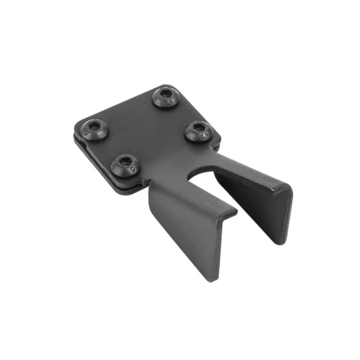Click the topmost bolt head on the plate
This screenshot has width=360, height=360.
(x=166, y=97)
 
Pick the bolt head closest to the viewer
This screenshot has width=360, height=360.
(x=126, y=165)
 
